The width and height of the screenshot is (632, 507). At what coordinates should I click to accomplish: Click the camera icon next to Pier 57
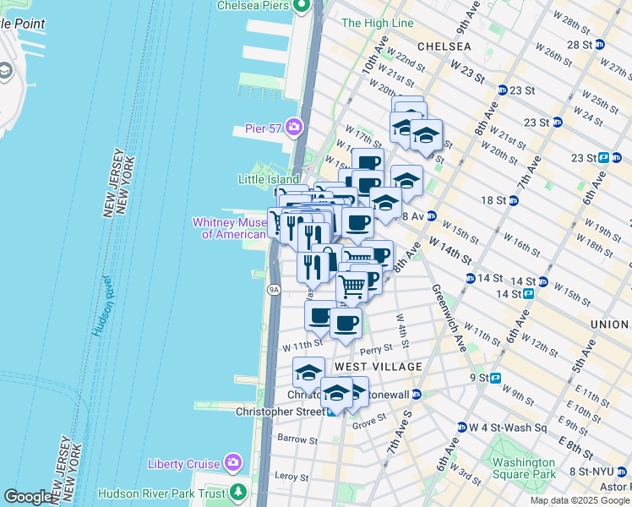coord(295,128)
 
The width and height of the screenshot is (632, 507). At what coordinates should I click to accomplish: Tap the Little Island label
coord(269,180)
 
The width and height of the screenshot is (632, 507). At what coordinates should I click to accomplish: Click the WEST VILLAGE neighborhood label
coord(378,367)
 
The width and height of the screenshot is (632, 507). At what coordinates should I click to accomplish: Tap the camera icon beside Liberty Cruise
coord(234,463)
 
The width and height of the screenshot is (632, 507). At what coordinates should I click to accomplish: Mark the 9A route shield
coord(274,289)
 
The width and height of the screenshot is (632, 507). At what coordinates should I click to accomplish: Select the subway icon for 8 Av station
coord(431,216)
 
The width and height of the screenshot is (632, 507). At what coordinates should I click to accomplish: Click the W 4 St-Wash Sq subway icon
coord(461,428)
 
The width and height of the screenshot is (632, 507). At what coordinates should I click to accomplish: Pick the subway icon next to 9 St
coord(496,379)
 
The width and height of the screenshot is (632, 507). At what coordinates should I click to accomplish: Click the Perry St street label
coord(376,348)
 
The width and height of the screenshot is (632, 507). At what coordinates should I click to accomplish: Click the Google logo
coord(28,497)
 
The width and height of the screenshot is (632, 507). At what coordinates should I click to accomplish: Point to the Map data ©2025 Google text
coord(580,500)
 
